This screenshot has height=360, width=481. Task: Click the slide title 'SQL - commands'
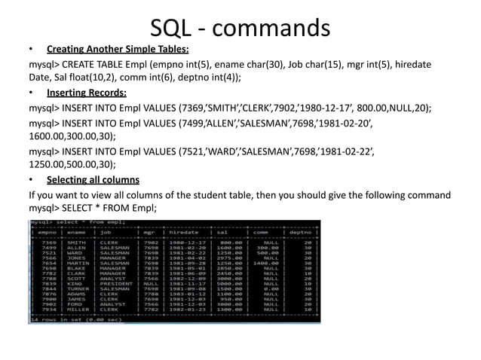click(x=240, y=29)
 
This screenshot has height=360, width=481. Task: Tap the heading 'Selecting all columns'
click(x=93, y=180)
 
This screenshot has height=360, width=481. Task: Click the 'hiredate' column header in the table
click(x=184, y=233)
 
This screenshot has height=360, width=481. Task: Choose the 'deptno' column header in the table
click(x=301, y=233)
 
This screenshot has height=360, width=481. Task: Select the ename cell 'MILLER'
click(x=77, y=308)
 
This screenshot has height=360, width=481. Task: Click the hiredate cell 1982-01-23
click(x=184, y=308)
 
